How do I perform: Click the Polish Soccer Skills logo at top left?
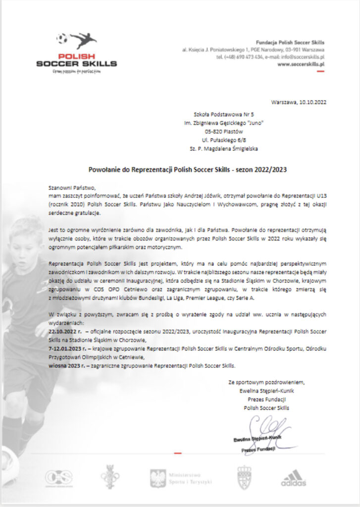pyautogui.click(x=77, y=53)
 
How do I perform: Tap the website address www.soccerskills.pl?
pyautogui.click(x=301, y=64)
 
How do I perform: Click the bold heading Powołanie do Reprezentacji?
pyautogui.click(x=188, y=169)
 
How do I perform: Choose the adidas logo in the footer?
pyautogui.click(x=294, y=477)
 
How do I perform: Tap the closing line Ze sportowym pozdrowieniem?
pyautogui.click(x=266, y=382)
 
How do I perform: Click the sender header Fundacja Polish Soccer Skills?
pyautogui.click(x=289, y=43)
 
